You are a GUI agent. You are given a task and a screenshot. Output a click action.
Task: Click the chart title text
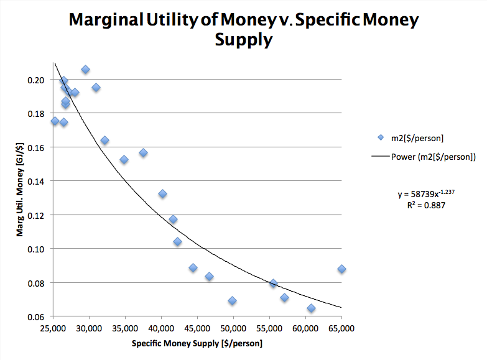(243, 29)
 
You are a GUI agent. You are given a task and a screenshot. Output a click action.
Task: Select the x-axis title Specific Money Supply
(197, 343)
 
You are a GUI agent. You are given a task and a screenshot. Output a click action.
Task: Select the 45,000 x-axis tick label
(197, 327)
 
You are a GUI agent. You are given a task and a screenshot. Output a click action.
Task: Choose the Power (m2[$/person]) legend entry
(433, 157)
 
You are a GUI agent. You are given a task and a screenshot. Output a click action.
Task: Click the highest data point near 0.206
(85, 70)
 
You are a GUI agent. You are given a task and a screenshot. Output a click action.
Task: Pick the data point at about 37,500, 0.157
(143, 152)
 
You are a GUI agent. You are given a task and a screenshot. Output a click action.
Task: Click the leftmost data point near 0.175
(55, 121)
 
